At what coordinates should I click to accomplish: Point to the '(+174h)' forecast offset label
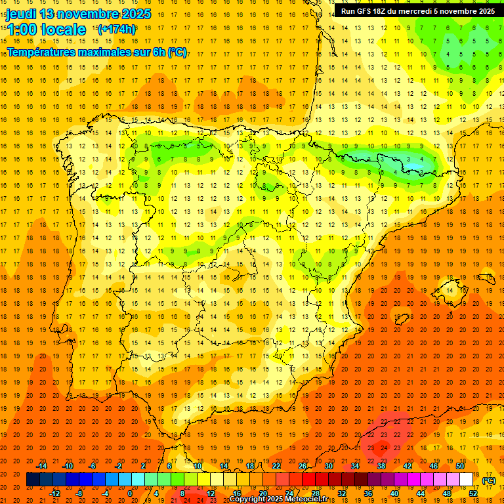(x=116, y=30)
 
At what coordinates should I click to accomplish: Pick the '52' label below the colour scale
(x=473, y=493)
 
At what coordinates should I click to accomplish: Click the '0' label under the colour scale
(x=130, y=493)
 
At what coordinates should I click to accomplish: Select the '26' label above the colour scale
(x=303, y=466)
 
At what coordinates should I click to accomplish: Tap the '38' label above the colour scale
(x=381, y=466)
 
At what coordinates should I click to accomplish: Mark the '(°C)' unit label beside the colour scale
(x=489, y=480)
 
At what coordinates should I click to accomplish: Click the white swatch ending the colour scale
(x=466, y=480)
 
